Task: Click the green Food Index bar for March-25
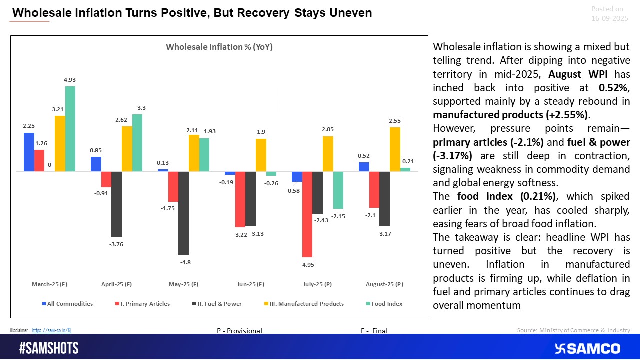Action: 70,129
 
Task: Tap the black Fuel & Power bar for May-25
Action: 183,213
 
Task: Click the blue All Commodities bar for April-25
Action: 96,164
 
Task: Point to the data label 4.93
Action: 70,79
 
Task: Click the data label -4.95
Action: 307,265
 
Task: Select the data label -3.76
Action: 116,244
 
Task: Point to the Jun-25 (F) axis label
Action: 250,284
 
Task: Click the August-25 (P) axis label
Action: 384,284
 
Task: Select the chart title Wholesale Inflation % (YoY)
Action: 219,47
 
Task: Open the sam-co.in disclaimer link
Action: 55,330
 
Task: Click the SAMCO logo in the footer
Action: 588,348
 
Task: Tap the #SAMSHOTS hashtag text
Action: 49,348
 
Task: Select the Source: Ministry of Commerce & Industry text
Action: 573,330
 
